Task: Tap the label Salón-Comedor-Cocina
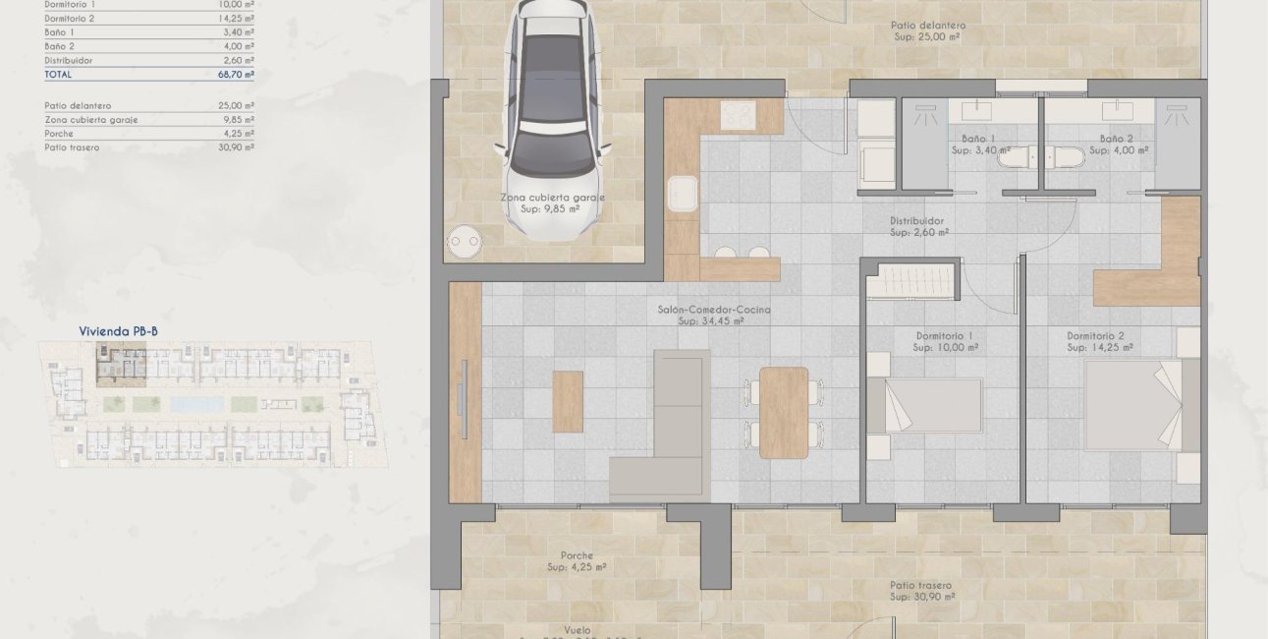[714, 310]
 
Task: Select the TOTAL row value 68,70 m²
[236, 75]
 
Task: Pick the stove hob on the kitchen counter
[738, 114]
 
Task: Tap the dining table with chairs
[784, 411]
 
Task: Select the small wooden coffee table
[568, 401]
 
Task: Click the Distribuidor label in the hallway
[916, 221]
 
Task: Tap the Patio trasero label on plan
[920, 585]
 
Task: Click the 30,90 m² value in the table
[236, 147]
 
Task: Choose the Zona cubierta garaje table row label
[91, 120]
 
